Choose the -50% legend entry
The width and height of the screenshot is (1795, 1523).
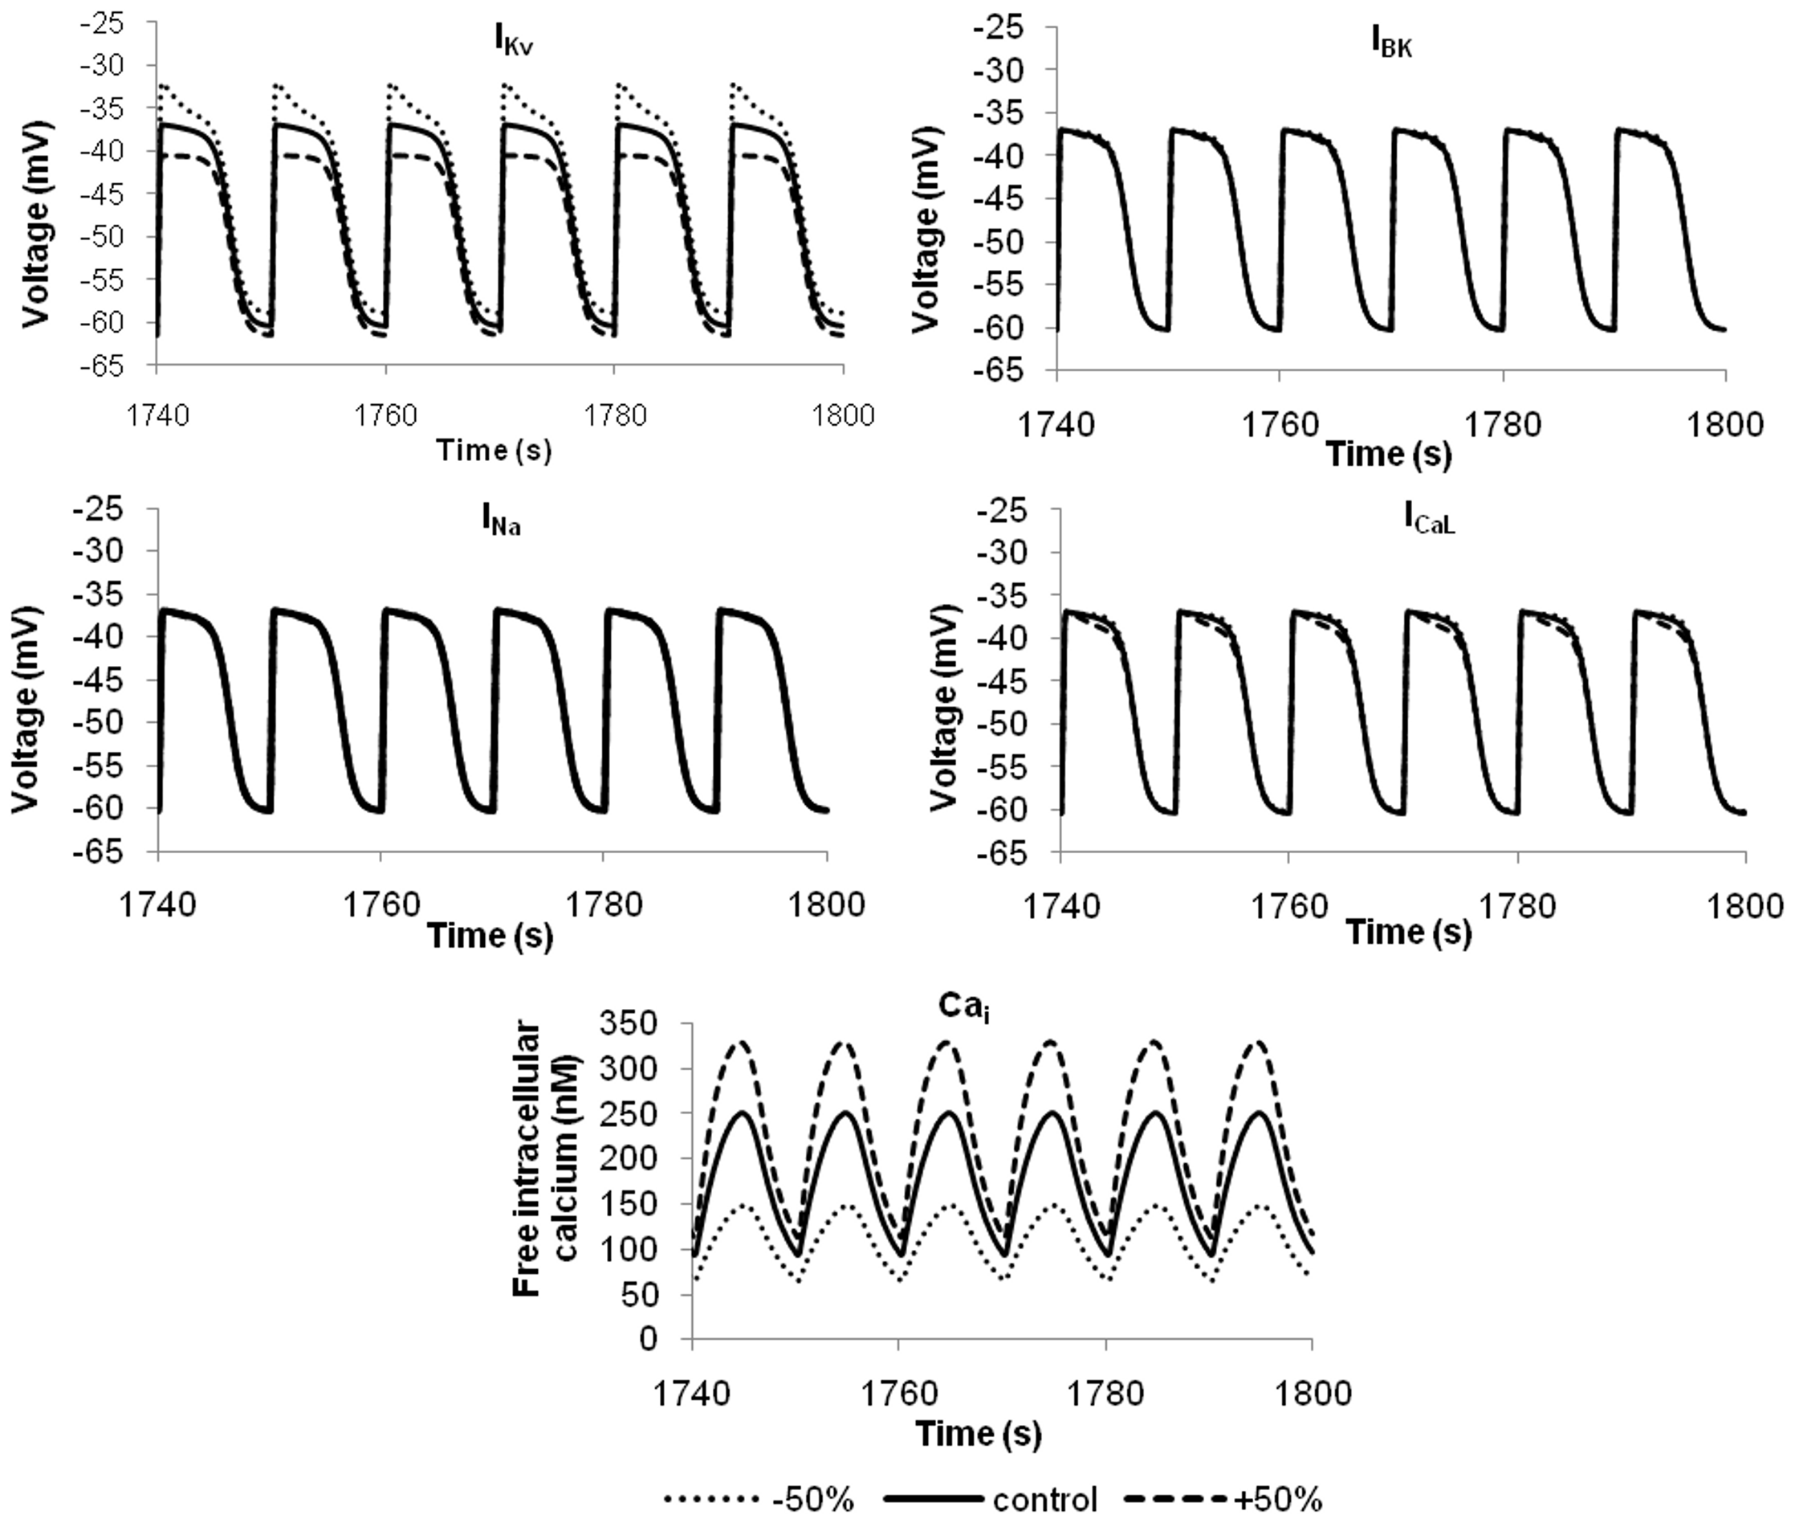pyautogui.click(x=759, y=1500)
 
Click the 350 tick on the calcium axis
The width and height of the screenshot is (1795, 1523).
pyautogui.click(x=657, y=1025)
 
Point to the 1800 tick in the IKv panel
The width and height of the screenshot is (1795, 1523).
pyautogui.click(x=842, y=416)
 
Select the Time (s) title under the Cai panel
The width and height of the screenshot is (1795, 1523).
pyautogui.click(x=978, y=1434)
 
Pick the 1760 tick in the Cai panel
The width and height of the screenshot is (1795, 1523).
pyautogui.click(x=898, y=1394)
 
